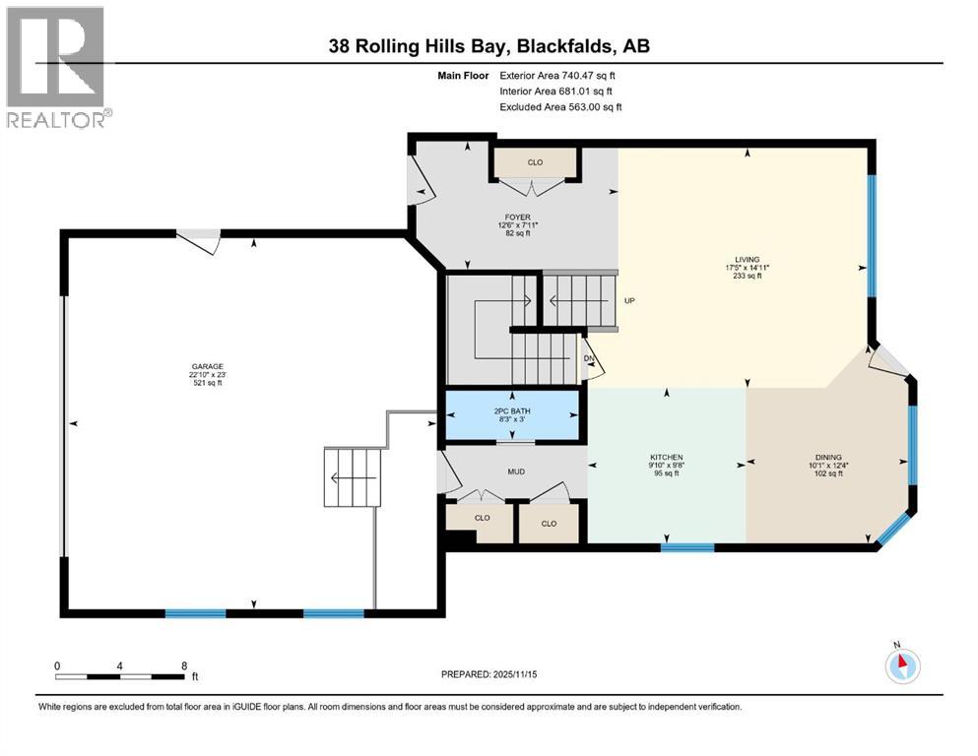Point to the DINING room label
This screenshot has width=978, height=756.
(x=825, y=458)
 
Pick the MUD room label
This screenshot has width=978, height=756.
(x=516, y=472)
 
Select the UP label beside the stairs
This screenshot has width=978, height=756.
(x=628, y=301)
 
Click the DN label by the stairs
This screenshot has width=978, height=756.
(x=588, y=359)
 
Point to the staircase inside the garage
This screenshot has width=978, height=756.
(x=353, y=477)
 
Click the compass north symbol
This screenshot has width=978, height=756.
(x=901, y=663)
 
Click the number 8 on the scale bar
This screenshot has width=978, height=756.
(x=183, y=665)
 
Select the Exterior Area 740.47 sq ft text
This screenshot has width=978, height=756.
(x=560, y=75)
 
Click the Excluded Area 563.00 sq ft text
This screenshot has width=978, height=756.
(x=560, y=106)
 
